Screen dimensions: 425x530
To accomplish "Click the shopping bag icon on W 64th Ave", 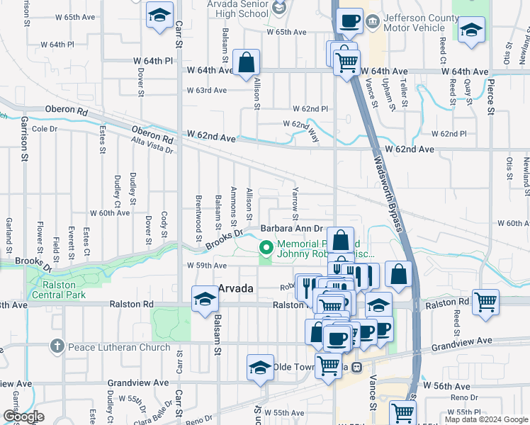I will click(x=245, y=63).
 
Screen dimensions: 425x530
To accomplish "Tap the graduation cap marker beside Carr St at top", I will click(x=160, y=16).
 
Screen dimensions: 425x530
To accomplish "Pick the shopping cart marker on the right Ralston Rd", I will click(x=485, y=302).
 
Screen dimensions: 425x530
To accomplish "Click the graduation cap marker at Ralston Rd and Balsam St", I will click(x=205, y=298).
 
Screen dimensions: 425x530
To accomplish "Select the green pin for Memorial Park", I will click(x=266, y=247).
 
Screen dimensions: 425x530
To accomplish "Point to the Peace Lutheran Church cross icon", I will click(x=57, y=346).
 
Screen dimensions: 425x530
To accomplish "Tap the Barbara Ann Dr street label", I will click(x=291, y=229).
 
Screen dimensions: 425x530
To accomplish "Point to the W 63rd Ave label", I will click(x=206, y=90).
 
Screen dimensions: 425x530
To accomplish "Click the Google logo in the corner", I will click(x=23, y=416).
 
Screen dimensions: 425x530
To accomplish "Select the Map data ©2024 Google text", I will click(x=485, y=419).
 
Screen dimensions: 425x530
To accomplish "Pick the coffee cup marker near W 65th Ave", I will click(x=349, y=21).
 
